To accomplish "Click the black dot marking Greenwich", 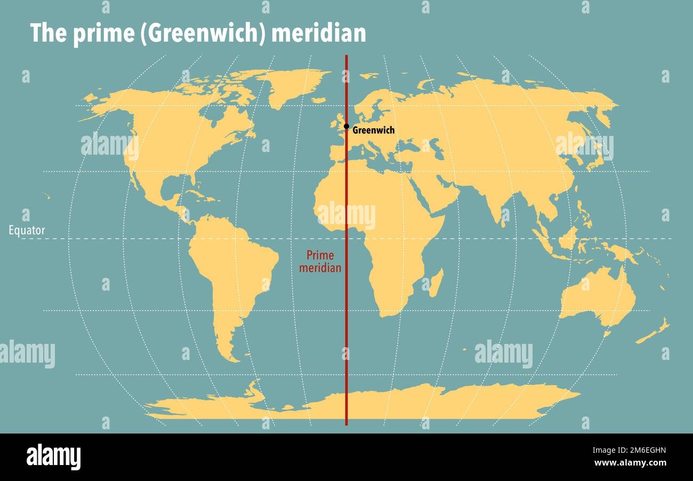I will coord(346,126).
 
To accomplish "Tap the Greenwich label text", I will coord(374,130).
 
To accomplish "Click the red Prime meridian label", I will coord(320,262).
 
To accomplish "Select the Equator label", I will coord(27,231).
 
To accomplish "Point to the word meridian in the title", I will coord(319,34).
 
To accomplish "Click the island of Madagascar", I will coord(436,283).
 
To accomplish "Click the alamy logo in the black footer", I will coord(53,457).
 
